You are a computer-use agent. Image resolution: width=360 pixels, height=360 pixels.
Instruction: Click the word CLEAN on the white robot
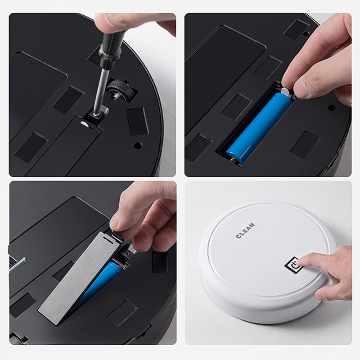(x=245, y=230)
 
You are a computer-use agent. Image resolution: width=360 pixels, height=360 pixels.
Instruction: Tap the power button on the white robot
(x=293, y=265)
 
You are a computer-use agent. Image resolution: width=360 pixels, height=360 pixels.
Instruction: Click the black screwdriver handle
(x=112, y=48)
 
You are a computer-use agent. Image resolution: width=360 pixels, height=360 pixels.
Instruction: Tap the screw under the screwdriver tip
(x=96, y=114)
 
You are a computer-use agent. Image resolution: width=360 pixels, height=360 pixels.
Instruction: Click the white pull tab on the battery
(x=285, y=92)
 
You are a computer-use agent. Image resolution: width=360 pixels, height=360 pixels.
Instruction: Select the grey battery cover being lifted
(x=79, y=278)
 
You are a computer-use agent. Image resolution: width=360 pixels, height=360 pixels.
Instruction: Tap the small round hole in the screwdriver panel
(x=138, y=145)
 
